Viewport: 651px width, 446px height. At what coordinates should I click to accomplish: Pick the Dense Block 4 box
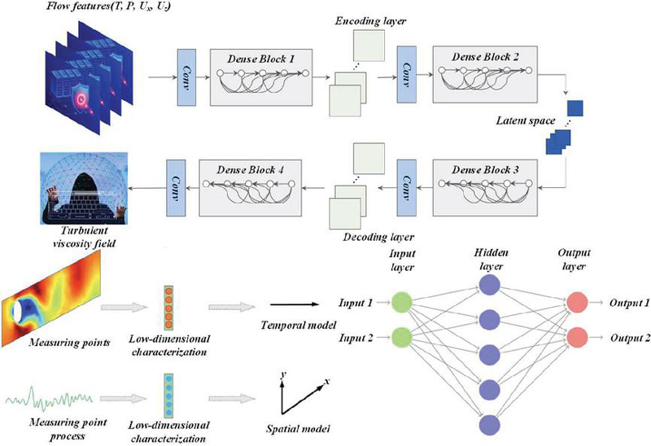(256, 188)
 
